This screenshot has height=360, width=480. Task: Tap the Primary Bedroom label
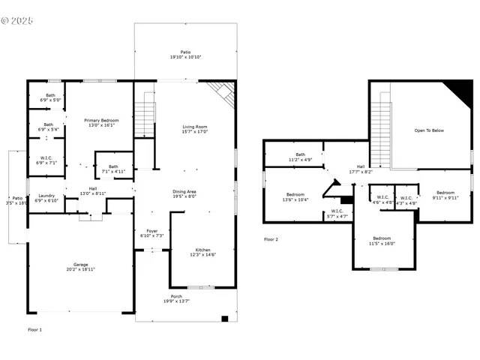pyautogui.click(x=102, y=122)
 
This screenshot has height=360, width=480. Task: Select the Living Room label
pyautogui.click(x=195, y=129)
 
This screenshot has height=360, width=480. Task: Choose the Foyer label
pyautogui.click(x=152, y=233)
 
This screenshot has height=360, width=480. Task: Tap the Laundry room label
pyautogui.click(x=47, y=198)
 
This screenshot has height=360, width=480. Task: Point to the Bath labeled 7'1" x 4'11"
pyautogui.click(x=113, y=169)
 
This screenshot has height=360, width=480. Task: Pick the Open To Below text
pyautogui.click(x=429, y=130)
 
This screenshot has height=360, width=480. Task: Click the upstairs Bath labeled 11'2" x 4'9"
pyautogui.click(x=300, y=157)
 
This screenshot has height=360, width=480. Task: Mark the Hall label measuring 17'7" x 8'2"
pyautogui.click(x=360, y=169)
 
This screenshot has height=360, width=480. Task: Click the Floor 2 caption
pyautogui.click(x=271, y=239)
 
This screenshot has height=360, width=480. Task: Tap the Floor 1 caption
pyautogui.click(x=35, y=329)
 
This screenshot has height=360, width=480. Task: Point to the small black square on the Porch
pyautogui.click(x=223, y=319)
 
